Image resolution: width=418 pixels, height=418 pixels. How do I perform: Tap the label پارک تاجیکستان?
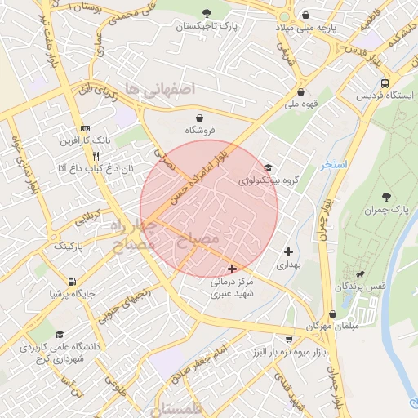coord(210,27)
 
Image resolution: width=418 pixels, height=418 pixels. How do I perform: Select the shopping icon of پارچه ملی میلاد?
coord(306,15)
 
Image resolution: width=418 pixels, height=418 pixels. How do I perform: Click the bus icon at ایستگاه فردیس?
coord(385,83)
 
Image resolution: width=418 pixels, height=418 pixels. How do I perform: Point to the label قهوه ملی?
coord(301,104)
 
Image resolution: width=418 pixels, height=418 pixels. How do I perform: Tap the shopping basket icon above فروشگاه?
coord(190,118)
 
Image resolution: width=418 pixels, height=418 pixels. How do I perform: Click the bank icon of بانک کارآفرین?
coord(86,129)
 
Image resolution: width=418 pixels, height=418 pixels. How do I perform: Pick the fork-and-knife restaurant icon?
coord(96,155)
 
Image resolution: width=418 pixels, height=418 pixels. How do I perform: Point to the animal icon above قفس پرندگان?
coord(360,274)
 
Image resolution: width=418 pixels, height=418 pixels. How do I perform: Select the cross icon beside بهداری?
coord(288,252)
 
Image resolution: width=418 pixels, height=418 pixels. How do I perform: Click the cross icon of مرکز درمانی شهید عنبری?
coord(233,268)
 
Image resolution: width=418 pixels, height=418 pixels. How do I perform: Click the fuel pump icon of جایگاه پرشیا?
coord(78,279)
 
